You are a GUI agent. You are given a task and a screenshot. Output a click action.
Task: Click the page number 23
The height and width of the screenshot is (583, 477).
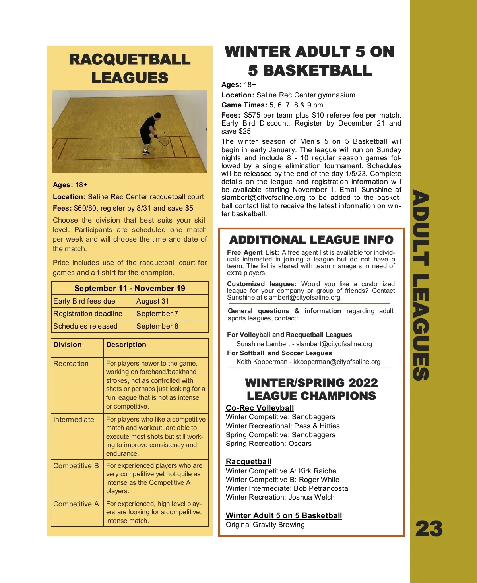click(x=429, y=529)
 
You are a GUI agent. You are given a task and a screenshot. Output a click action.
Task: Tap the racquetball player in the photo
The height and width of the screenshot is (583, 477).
click(x=149, y=131)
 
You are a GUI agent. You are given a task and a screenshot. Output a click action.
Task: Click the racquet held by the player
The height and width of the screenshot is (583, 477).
click(x=163, y=141)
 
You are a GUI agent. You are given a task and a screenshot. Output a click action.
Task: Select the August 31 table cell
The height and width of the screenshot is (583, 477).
click(x=153, y=301)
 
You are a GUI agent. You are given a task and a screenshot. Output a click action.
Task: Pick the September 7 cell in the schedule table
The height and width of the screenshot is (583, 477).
click(x=157, y=314)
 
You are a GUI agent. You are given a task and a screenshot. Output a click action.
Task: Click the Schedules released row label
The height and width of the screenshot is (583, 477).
click(x=85, y=326)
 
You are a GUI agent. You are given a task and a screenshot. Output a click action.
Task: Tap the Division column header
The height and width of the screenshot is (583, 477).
click(x=68, y=345)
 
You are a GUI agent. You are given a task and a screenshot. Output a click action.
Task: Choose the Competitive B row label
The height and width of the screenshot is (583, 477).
click(x=76, y=466)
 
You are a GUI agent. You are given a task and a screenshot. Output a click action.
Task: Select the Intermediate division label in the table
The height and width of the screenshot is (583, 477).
click(x=74, y=420)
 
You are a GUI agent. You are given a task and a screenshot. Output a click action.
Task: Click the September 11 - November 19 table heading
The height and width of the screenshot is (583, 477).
click(x=130, y=288)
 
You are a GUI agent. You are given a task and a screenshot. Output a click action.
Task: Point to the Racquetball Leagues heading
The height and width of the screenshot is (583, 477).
click(x=130, y=68)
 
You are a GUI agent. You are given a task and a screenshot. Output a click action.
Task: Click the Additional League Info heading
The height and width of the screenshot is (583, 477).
click(x=311, y=240)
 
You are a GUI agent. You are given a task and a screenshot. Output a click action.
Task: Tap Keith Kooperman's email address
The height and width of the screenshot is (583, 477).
click(x=337, y=362)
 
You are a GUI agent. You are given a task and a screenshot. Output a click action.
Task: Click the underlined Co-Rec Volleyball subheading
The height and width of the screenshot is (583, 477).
click(x=260, y=408)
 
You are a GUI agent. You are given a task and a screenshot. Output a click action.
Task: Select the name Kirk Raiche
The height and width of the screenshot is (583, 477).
click(x=317, y=471)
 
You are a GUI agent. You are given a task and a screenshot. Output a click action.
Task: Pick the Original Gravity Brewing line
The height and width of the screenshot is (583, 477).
click(x=265, y=525)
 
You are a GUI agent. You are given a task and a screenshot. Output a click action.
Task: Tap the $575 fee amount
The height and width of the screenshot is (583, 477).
click(x=252, y=115)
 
